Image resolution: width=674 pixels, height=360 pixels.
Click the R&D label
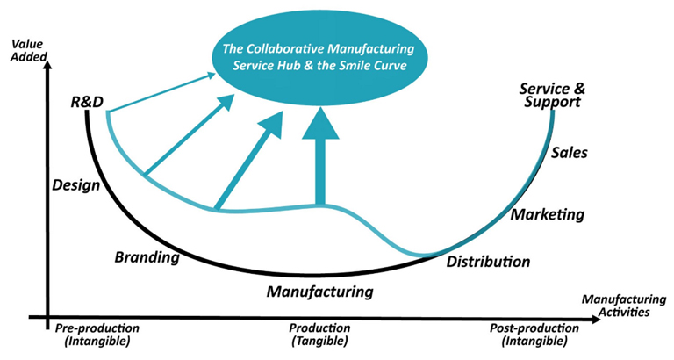[x=87, y=104]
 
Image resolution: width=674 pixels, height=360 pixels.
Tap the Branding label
[x=147, y=258]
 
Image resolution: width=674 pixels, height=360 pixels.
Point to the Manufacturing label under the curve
[x=320, y=291]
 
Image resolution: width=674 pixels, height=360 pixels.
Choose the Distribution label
[x=488, y=262]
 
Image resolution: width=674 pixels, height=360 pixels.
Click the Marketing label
[x=548, y=215]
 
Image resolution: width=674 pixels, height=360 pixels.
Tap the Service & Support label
[x=550, y=95]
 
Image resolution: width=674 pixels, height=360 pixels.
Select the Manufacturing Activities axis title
[x=618, y=305]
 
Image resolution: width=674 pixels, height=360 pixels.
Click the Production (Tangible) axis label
[x=320, y=335]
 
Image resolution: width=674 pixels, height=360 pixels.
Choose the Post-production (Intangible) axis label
[x=534, y=335]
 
